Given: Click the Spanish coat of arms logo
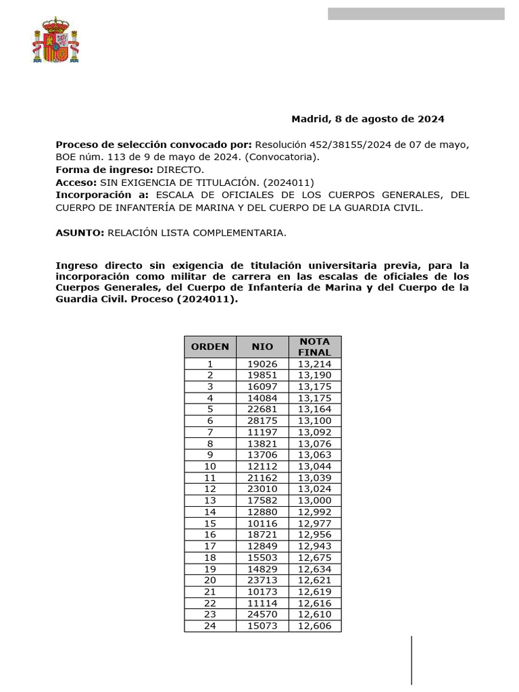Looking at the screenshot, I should coord(55,40).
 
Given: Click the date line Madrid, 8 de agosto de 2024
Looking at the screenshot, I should coord(368,119).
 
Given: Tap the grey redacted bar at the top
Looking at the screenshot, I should coord(416,14).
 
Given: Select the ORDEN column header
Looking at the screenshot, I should coord(210,347).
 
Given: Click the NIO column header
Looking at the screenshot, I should coord(262,347).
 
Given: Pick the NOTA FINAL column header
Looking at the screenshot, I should coord(314,347).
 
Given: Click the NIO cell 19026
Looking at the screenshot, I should coord(262,364).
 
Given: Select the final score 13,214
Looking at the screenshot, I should coord(314,364).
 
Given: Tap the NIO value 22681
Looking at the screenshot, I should coord(262,409).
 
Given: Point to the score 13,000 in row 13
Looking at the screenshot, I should coord(314,500).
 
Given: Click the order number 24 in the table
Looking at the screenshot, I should coord(210,626).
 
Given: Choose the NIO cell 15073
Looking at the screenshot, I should coord(262,626).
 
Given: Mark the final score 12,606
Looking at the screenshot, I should coord(314,626).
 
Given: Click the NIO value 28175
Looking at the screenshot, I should coord(262,420).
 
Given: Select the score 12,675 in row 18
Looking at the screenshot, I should coord(314,558).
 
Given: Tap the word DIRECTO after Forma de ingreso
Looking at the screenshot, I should coord(180,170).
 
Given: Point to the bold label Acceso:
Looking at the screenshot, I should coord(76,182).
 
